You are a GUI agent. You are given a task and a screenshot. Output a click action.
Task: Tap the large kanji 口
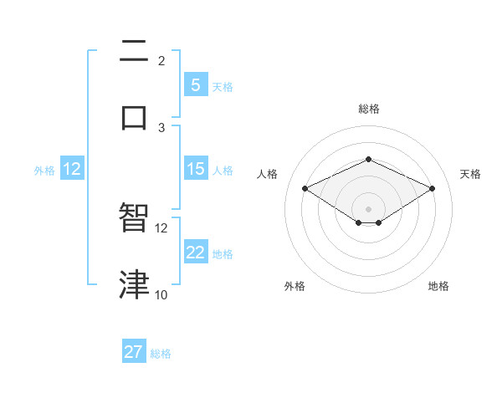(x=134, y=117)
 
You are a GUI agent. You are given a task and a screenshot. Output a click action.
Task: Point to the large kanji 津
(x=134, y=284)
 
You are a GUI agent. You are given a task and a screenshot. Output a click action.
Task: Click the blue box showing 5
(x=195, y=84)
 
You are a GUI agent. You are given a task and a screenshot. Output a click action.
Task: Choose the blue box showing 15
(x=195, y=169)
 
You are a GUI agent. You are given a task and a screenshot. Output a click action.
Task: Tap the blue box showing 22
(x=195, y=253)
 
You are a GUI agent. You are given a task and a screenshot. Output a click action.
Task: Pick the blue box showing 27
(x=134, y=352)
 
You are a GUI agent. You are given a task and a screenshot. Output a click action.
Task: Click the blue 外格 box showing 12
(x=71, y=169)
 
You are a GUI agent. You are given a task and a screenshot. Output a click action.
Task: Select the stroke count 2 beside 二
(x=161, y=61)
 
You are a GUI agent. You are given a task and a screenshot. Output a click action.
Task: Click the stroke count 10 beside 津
(x=161, y=294)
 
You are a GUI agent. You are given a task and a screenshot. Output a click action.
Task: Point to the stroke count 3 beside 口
(x=161, y=127)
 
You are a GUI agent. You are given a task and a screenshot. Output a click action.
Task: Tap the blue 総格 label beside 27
(x=161, y=354)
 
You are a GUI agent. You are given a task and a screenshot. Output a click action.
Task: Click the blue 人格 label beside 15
(x=223, y=170)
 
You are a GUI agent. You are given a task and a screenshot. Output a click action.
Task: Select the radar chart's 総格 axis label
(x=368, y=109)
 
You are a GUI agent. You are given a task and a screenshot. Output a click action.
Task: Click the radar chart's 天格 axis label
(x=470, y=174)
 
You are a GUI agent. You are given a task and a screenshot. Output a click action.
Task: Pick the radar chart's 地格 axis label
(x=438, y=286)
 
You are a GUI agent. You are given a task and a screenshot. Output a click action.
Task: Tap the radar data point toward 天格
(x=432, y=188)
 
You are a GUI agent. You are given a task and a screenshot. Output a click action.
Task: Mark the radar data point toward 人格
(x=305, y=188)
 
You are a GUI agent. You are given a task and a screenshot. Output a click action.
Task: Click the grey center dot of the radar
(x=368, y=208)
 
